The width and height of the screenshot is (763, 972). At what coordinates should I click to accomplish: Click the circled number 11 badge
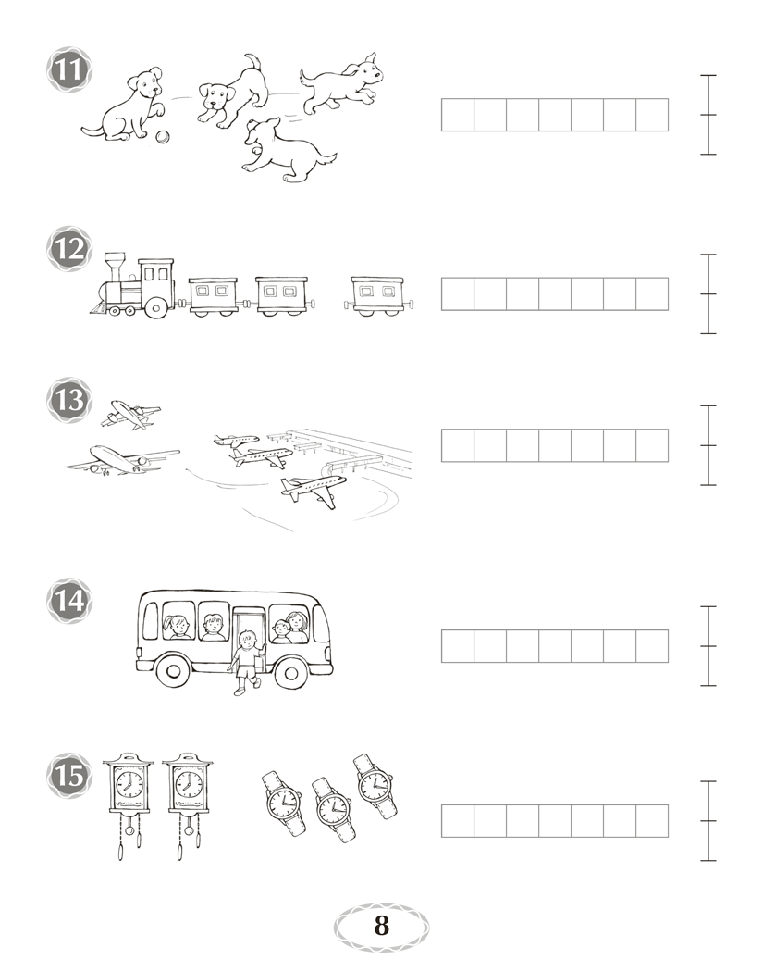click(69, 69)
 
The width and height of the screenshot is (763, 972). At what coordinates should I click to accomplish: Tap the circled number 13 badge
click(69, 400)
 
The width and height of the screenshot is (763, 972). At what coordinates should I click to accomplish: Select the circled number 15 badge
click(69, 776)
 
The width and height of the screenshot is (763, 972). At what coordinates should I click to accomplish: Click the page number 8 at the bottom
click(381, 926)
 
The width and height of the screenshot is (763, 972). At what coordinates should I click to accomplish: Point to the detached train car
click(378, 296)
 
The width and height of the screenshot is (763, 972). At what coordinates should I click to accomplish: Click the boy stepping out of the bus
click(247, 662)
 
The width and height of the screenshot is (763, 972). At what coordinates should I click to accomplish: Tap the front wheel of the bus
click(289, 671)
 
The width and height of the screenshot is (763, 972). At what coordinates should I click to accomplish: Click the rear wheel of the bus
click(173, 671)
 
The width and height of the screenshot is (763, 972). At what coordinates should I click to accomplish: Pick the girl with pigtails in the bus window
click(178, 626)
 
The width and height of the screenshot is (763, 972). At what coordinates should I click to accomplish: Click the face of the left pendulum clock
click(129, 781)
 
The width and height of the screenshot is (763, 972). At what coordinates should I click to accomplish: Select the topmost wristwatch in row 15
click(375, 785)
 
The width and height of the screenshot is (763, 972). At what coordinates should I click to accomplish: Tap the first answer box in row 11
click(458, 115)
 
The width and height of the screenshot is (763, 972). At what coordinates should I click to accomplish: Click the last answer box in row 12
click(652, 294)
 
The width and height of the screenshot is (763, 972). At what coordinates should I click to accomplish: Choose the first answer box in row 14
click(458, 646)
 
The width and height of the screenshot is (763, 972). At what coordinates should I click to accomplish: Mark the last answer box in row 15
click(652, 821)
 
